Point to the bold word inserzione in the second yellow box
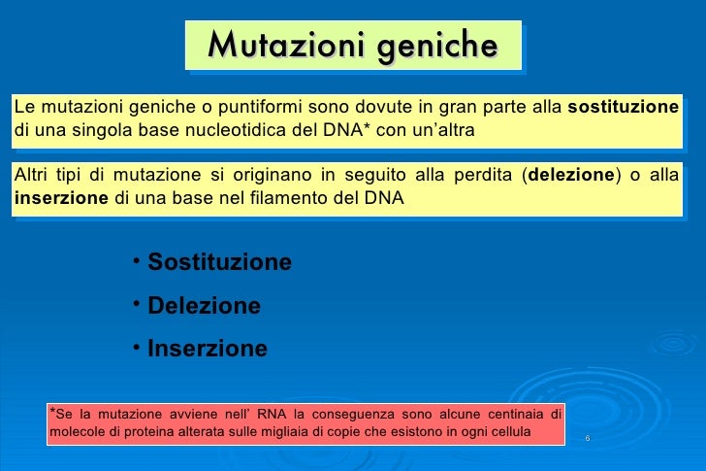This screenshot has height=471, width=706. (x=60, y=198)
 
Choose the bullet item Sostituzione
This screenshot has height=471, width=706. (x=219, y=263)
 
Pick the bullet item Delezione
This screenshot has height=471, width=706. (x=204, y=306)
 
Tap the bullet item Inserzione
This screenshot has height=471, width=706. (x=207, y=349)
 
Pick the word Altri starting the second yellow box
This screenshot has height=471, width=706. (x=32, y=176)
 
